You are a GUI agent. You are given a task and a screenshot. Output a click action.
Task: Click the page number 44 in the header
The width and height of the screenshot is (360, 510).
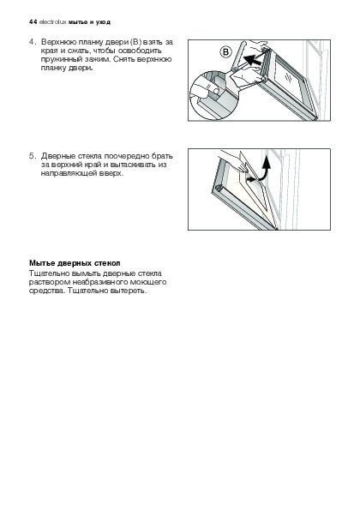coord(33,22)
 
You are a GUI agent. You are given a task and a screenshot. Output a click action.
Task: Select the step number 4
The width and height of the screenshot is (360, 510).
coord(31,42)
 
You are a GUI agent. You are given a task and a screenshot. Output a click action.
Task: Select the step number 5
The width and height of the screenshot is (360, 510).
coord(31,156)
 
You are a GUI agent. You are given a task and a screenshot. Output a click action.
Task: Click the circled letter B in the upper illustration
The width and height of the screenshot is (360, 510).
coord(225,52)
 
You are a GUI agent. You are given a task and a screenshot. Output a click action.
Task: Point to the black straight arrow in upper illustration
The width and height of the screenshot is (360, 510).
coord(253,59)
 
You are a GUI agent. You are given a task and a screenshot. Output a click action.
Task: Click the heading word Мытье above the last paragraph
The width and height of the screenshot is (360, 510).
coord(42,263)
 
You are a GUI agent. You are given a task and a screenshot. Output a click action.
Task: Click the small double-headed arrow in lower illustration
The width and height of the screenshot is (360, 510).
coord(251,179)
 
